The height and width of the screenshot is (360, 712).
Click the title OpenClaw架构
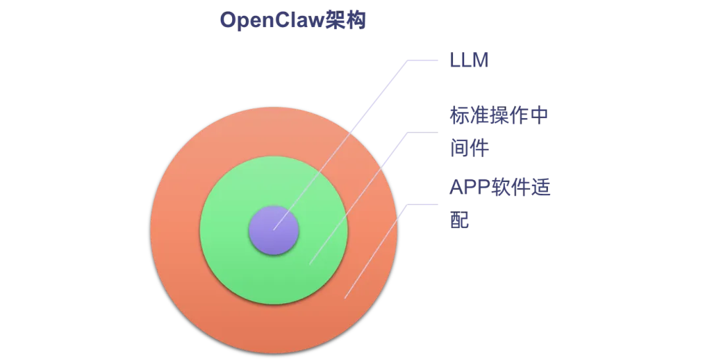pos(293,21)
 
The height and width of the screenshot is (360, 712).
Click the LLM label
pos(468,59)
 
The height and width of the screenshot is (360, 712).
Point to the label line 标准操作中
pos(499,116)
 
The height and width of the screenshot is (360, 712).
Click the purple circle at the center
pos(274,230)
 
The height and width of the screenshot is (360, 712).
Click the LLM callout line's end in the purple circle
pos(274,229)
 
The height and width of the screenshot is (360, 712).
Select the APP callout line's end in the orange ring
pos(345,298)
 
